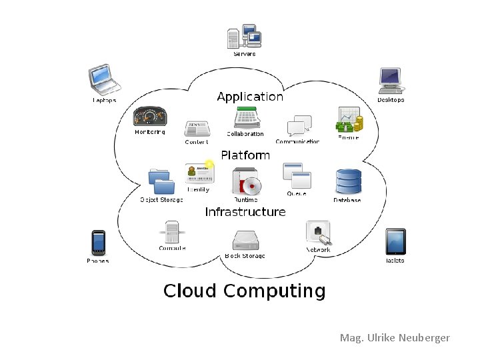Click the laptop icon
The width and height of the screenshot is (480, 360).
pos(105,79)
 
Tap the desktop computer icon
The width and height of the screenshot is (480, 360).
pos(390,81)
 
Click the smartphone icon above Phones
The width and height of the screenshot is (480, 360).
pos(98,243)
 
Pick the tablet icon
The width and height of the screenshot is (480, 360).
pos(395,242)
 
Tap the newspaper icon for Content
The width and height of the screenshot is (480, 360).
pos(197,129)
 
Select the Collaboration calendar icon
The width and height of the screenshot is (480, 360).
pos(246,118)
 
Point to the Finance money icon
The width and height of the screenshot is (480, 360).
pos(349,120)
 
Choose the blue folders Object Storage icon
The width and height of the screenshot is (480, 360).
pos(161,181)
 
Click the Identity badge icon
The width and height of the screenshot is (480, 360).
pos(200,173)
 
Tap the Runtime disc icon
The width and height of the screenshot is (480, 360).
pos(246,181)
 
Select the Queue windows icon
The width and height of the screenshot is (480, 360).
pos(297,176)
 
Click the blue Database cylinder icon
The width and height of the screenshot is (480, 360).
pos(348,182)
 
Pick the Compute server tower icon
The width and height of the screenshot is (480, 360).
pos(172,233)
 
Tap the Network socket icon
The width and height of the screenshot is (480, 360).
pos(318,233)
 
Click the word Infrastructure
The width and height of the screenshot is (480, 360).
pos(245,212)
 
